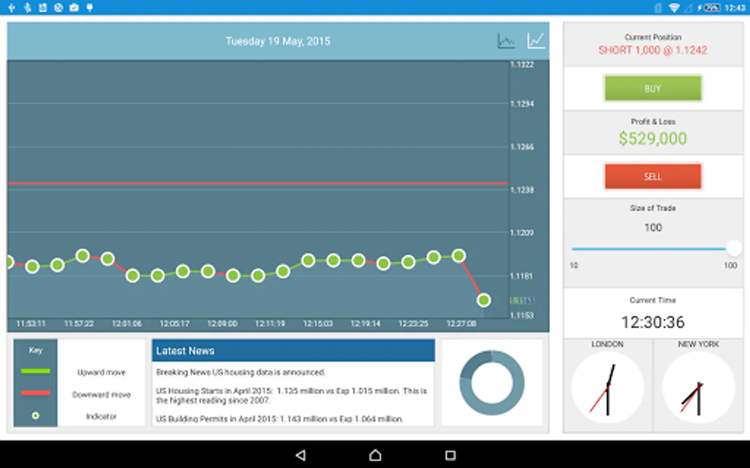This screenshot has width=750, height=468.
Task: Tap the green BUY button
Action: (x=653, y=88)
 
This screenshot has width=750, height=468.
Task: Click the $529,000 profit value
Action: (x=653, y=138)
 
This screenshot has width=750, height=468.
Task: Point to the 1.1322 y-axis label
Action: (x=522, y=64)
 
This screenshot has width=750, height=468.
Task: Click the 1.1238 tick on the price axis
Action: (x=522, y=190)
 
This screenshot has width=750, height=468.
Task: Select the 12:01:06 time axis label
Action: (x=127, y=323)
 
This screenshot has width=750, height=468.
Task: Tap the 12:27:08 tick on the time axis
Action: (x=461, y=323)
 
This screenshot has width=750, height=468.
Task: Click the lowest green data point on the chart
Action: (x=483, y=300)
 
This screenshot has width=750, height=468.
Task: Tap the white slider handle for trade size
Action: (x=733, y=248)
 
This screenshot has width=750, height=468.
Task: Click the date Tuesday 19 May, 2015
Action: (x=278, y=41)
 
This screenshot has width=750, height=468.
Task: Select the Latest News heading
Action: (x=185, y=351)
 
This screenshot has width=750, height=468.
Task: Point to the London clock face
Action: (x=607, y=387)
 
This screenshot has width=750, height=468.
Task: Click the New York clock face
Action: (x=698, y=387)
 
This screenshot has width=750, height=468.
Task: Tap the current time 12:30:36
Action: (x=653, y=322)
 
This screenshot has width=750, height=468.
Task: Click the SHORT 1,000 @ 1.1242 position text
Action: (x=653, y=50)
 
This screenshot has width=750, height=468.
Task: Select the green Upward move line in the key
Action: (x=35, y=371)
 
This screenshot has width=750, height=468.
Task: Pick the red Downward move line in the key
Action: (x=35, y=393)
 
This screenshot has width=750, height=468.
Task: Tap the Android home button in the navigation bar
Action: (x=375, y=456)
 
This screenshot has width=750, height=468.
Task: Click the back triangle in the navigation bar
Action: (x=301, y=456)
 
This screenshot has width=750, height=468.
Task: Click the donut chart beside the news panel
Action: (x=492, y=383)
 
